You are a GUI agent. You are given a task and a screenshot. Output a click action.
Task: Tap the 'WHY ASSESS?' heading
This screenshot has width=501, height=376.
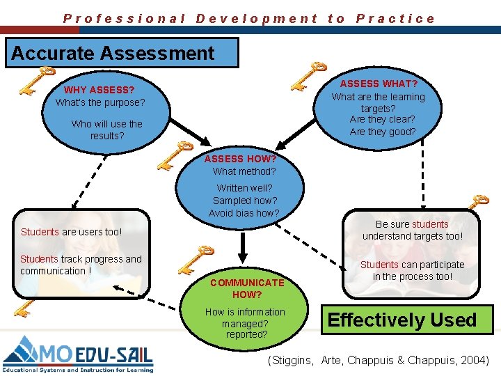100,90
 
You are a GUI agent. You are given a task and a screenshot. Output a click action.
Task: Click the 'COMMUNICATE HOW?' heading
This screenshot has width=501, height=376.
247,288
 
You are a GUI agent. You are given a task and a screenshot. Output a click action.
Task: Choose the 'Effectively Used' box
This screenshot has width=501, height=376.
402,320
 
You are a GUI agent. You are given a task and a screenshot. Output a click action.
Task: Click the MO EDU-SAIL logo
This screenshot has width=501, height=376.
77,354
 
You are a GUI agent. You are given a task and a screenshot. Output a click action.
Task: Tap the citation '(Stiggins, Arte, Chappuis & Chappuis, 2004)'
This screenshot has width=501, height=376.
379,360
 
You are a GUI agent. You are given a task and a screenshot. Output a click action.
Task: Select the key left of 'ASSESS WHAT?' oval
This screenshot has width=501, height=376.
308,76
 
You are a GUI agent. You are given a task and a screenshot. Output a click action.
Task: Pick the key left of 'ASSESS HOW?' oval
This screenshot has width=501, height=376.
174,155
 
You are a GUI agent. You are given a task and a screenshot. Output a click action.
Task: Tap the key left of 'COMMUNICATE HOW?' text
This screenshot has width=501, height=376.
196,258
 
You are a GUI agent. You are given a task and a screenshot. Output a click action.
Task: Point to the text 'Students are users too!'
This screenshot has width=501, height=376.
71,232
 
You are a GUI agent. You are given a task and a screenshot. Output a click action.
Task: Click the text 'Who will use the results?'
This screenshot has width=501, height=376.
106,130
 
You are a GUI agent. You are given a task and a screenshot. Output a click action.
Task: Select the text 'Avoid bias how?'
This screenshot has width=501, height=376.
244,213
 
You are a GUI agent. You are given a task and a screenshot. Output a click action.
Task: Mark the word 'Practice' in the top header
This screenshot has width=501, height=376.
395,19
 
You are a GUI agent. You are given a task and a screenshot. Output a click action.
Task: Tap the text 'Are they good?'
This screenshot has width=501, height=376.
383,132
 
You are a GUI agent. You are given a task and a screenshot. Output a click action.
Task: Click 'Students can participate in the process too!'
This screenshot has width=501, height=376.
412,270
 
